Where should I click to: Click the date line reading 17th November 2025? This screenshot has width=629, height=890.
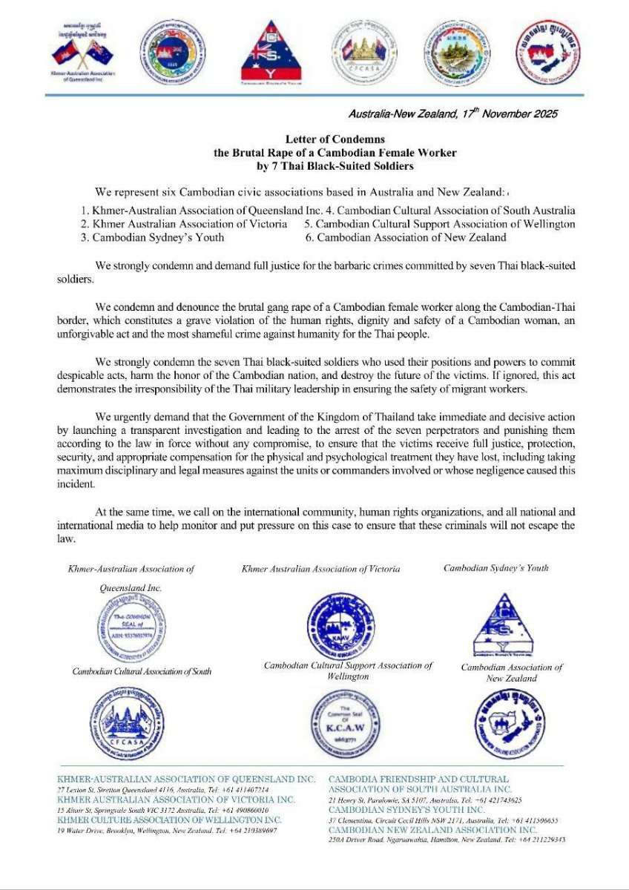pos(452,114)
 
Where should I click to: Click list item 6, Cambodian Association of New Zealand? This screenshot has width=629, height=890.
pos(406,237)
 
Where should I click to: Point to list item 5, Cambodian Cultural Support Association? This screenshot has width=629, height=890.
pos(440,224)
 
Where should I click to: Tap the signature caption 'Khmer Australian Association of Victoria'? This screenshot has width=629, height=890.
pos(321,569)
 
